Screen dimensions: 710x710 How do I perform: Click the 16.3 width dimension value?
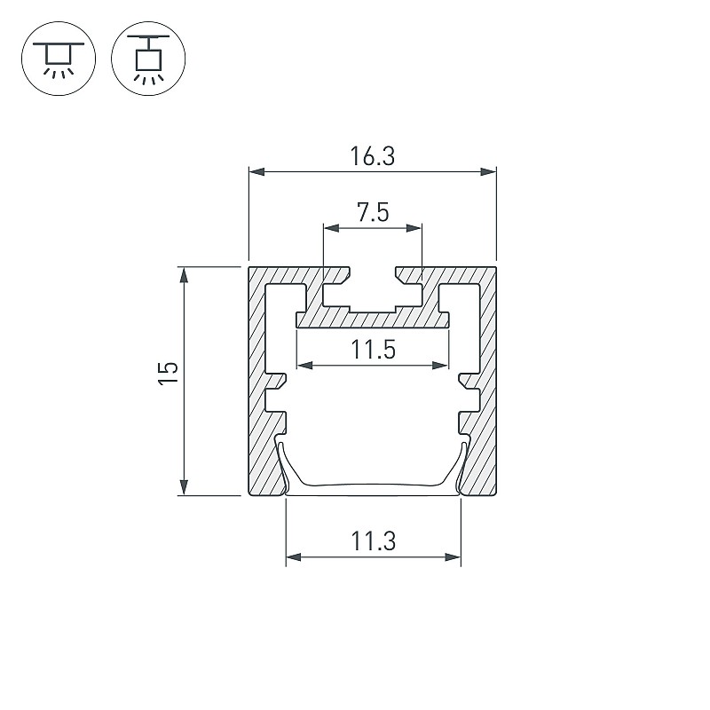[372, 156]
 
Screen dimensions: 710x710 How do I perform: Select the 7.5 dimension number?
[373, 212]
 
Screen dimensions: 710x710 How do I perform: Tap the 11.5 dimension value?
[373, 350]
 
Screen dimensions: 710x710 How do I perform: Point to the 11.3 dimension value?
[373, 541]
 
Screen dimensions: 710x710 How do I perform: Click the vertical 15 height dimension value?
[168, 374]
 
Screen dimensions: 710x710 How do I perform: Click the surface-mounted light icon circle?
[59, 59]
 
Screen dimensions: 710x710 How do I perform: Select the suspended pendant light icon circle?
[148, 59]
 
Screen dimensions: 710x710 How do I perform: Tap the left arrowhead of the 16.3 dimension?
[256, 171]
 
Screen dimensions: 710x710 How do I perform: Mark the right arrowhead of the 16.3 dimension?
[489, 171]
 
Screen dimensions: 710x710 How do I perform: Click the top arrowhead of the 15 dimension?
[184, 275]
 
